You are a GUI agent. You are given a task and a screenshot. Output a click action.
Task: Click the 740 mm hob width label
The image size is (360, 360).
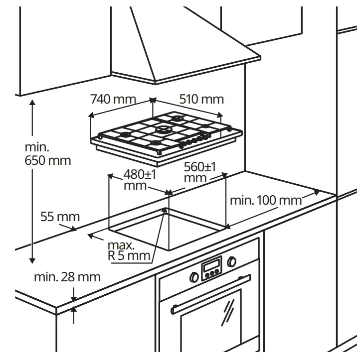coord(113,99)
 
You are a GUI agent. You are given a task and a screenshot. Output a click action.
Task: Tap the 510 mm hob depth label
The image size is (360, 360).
coord(201,99)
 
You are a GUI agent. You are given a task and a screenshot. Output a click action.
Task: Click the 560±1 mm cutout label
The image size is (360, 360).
coord(200,172)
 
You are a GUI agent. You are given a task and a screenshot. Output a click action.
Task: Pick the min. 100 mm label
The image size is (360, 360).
coord(266,201)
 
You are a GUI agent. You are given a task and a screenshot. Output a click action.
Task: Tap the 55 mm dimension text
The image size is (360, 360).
coord(60,217)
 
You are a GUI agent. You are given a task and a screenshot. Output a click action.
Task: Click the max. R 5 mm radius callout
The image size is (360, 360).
coord(129,251)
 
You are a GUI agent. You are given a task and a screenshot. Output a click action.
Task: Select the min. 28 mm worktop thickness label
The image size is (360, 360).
coord(67,277)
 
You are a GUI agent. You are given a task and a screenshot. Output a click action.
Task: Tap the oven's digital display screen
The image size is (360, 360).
coord(211,264)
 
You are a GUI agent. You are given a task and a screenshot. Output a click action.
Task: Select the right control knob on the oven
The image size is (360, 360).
coord(231,261)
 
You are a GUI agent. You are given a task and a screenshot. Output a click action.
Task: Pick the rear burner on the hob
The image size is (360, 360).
coord(178,119)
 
